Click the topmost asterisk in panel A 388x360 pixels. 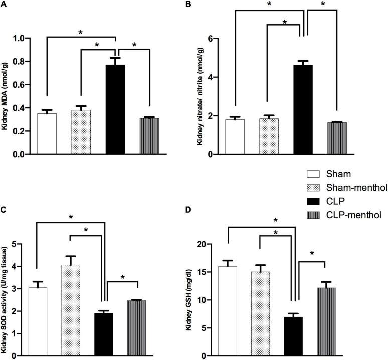tap(81, 33)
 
